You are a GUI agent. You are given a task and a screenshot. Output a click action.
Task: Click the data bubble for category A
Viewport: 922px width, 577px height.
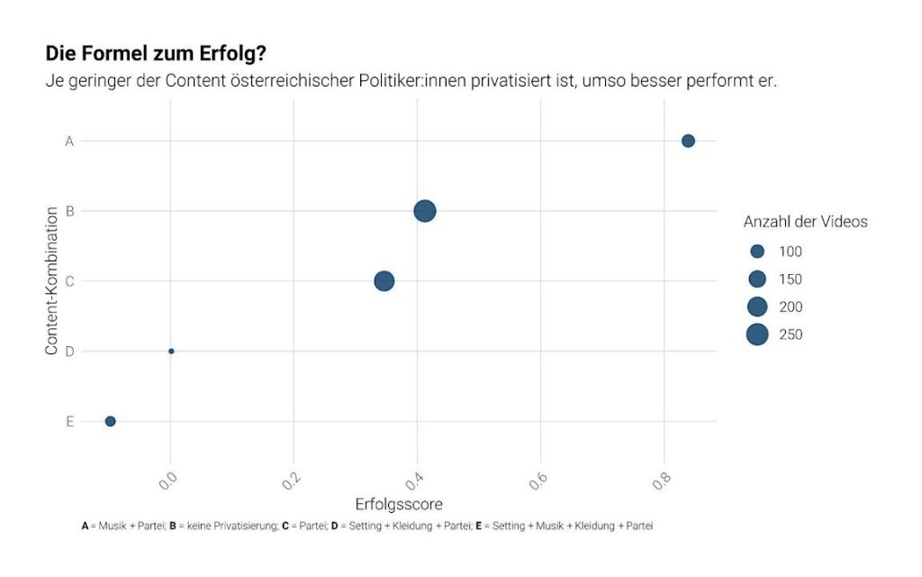[x=688, y=141]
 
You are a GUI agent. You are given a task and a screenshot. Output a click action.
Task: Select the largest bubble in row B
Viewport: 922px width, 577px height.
[x=425, y=211]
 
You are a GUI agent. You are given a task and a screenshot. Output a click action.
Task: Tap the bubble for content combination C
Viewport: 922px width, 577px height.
[x=384, y=281]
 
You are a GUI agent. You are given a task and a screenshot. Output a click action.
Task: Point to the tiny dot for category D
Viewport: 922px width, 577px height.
[x=171, y=351]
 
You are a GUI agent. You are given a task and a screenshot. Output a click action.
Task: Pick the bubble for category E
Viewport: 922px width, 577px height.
[x=110, y=421]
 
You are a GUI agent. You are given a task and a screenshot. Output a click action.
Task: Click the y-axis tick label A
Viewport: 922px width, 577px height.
[x=68, y=141]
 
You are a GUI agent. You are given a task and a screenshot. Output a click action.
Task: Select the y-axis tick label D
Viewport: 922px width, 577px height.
[x=68, y=351]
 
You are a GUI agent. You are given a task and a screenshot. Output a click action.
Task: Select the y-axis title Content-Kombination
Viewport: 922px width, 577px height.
[x=51, y=280]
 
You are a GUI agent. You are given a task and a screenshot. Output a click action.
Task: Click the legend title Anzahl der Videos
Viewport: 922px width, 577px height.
[x=805, y=221]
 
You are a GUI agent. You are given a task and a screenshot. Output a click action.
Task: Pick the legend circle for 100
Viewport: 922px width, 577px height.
[x=757, y=251]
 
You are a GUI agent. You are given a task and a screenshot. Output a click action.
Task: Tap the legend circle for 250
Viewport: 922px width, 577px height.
[x=757, y=334]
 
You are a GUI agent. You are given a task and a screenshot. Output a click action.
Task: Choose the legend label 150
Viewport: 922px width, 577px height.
[x=790, y=279]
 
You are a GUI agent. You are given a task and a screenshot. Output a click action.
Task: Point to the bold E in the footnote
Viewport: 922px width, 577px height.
[x=477, y=526]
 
